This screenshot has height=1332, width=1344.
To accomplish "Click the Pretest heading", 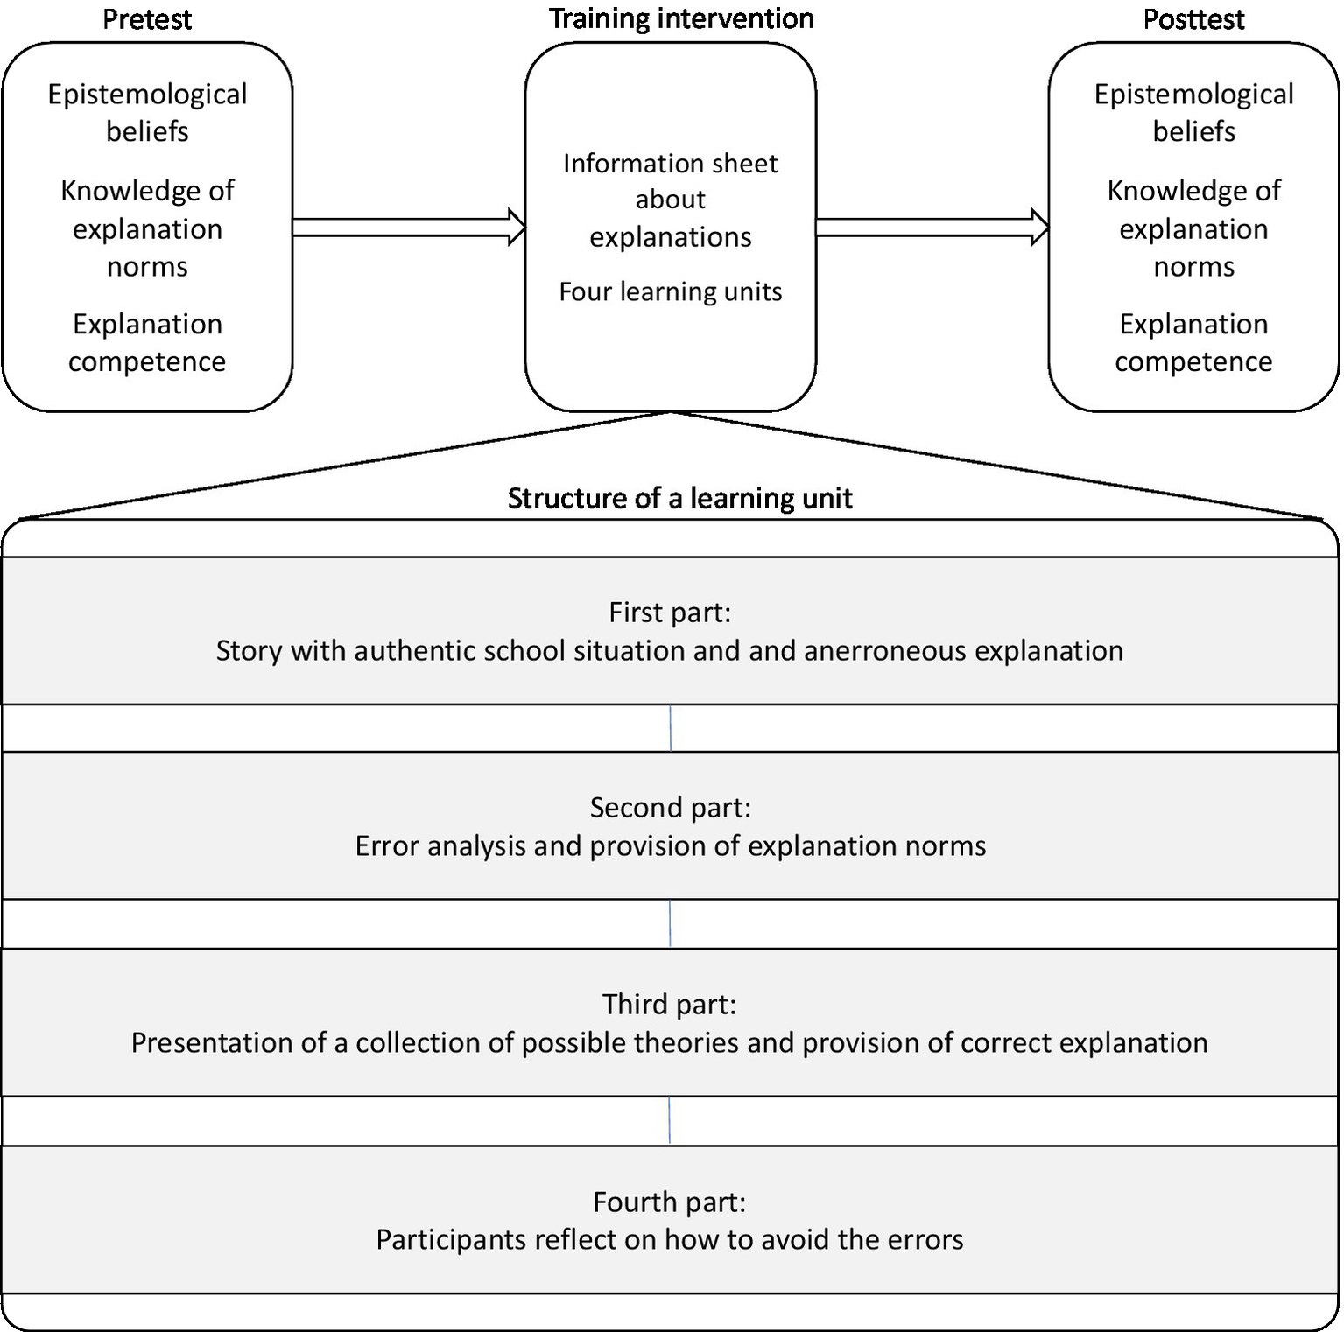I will (x=147, y=19).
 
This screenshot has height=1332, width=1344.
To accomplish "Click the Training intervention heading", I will (x=681, y=18).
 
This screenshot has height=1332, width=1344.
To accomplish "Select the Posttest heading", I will (x=1193, y=19).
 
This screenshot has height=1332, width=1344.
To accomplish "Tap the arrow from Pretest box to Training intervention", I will (x=408, y=228).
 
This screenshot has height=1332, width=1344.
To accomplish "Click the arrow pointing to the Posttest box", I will (x=932, y=228).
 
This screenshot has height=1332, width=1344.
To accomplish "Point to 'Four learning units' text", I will (x=671, y=291).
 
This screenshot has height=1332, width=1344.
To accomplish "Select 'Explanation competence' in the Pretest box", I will (x=147, y=342).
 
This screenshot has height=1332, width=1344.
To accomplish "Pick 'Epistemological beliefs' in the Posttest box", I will (x=1193, y=112).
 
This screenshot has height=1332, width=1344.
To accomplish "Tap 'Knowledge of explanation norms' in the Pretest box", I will (x=147, y=228).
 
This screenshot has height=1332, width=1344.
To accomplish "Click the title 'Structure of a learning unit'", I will (x=679, y=498).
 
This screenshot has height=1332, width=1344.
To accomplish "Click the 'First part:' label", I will (x=670, y=612).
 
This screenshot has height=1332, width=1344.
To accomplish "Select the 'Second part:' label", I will (x=670, y=807).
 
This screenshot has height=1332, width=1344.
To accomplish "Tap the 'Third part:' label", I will (x=669, y=1004).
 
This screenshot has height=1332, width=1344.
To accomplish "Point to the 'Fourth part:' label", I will (x=669, y=1202).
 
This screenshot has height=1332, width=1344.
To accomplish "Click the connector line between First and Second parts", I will (x=671, y=728).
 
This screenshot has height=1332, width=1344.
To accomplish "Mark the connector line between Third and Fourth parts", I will (x=670, y=1120).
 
